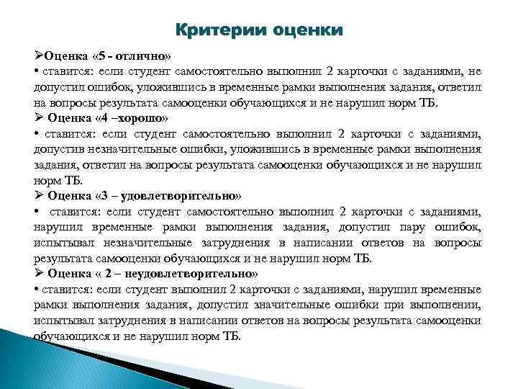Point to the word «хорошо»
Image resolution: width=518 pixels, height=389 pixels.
tap(142, 119)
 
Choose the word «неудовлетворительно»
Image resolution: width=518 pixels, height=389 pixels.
tap(190, 274)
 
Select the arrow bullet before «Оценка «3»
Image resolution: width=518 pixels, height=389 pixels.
tap(39, 196)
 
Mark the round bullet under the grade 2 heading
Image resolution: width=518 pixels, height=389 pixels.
tap(36, 290)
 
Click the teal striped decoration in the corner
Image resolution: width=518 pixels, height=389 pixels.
tap(43, 360)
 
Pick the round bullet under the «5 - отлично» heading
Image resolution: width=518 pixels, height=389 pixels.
tap(36, 73)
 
